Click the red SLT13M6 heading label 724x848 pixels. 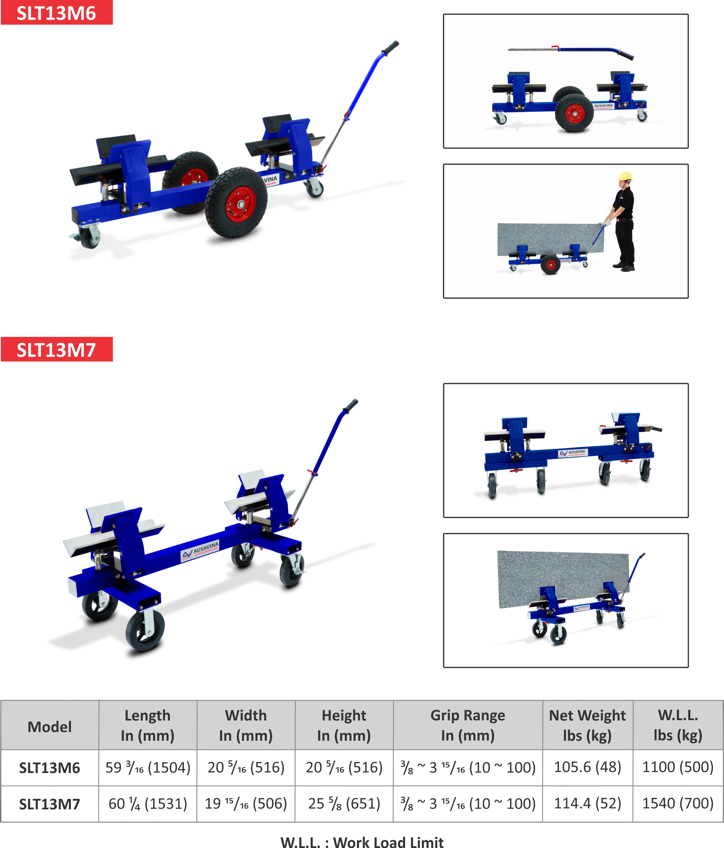click(x=57, y=13)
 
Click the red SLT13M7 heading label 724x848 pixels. click(x=57, y=350)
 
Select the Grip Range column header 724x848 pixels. click(x=468, y=725)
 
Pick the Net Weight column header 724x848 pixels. click(x=587, y=725)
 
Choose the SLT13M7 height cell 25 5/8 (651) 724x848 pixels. click(x=344, y=803)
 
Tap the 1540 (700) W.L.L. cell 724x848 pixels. click(x=678, y=803)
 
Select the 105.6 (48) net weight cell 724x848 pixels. click(x=587, y=767)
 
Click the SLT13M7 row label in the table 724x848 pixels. click(x=50, y=804)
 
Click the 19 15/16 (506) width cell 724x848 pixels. click(x=246, y=803)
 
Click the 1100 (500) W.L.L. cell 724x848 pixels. click(x=678, y=767)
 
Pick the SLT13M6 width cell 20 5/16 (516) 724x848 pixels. click(x=246, y=767)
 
